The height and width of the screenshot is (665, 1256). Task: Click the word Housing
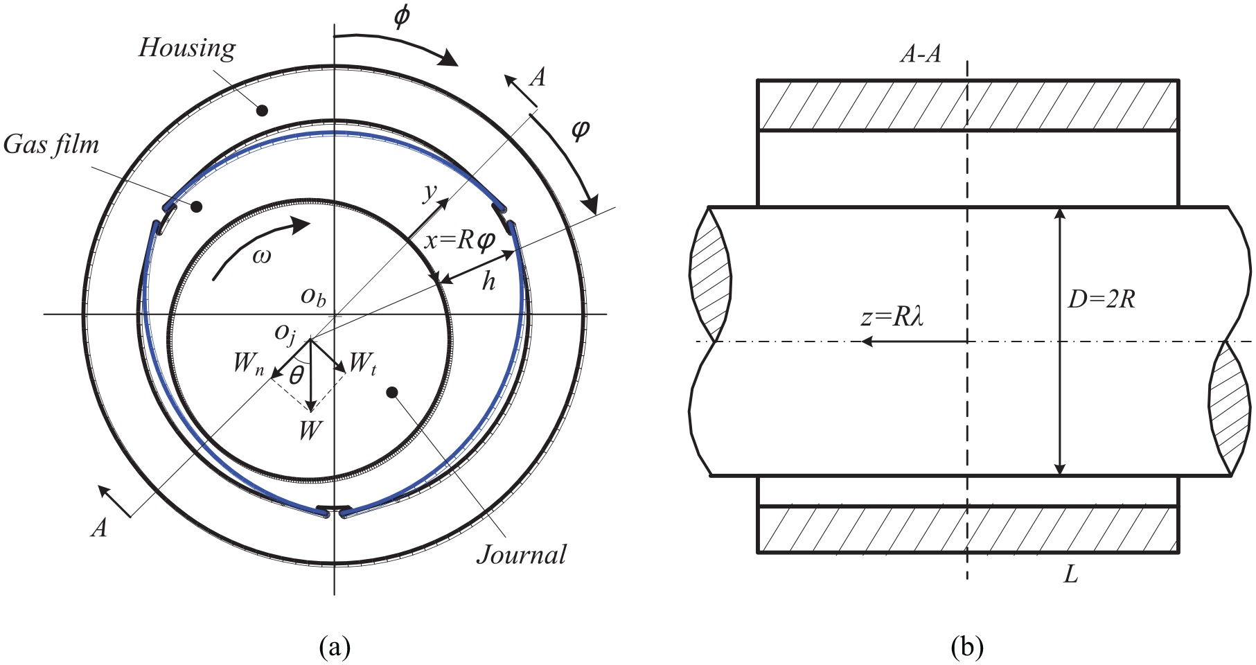coord(187,48)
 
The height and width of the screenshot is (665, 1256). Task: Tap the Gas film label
coord(51,145)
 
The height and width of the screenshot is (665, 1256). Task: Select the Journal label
coord(521,555)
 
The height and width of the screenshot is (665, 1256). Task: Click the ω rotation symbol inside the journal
coord(262,257)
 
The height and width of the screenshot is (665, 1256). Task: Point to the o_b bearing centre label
coord(313,296)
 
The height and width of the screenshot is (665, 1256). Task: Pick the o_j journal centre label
coord(285,334)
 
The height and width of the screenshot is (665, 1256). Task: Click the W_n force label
coord(249,363)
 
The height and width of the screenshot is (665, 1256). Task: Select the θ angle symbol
coord(297,375)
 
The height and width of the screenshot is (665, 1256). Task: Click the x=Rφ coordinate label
coord(460,240)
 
